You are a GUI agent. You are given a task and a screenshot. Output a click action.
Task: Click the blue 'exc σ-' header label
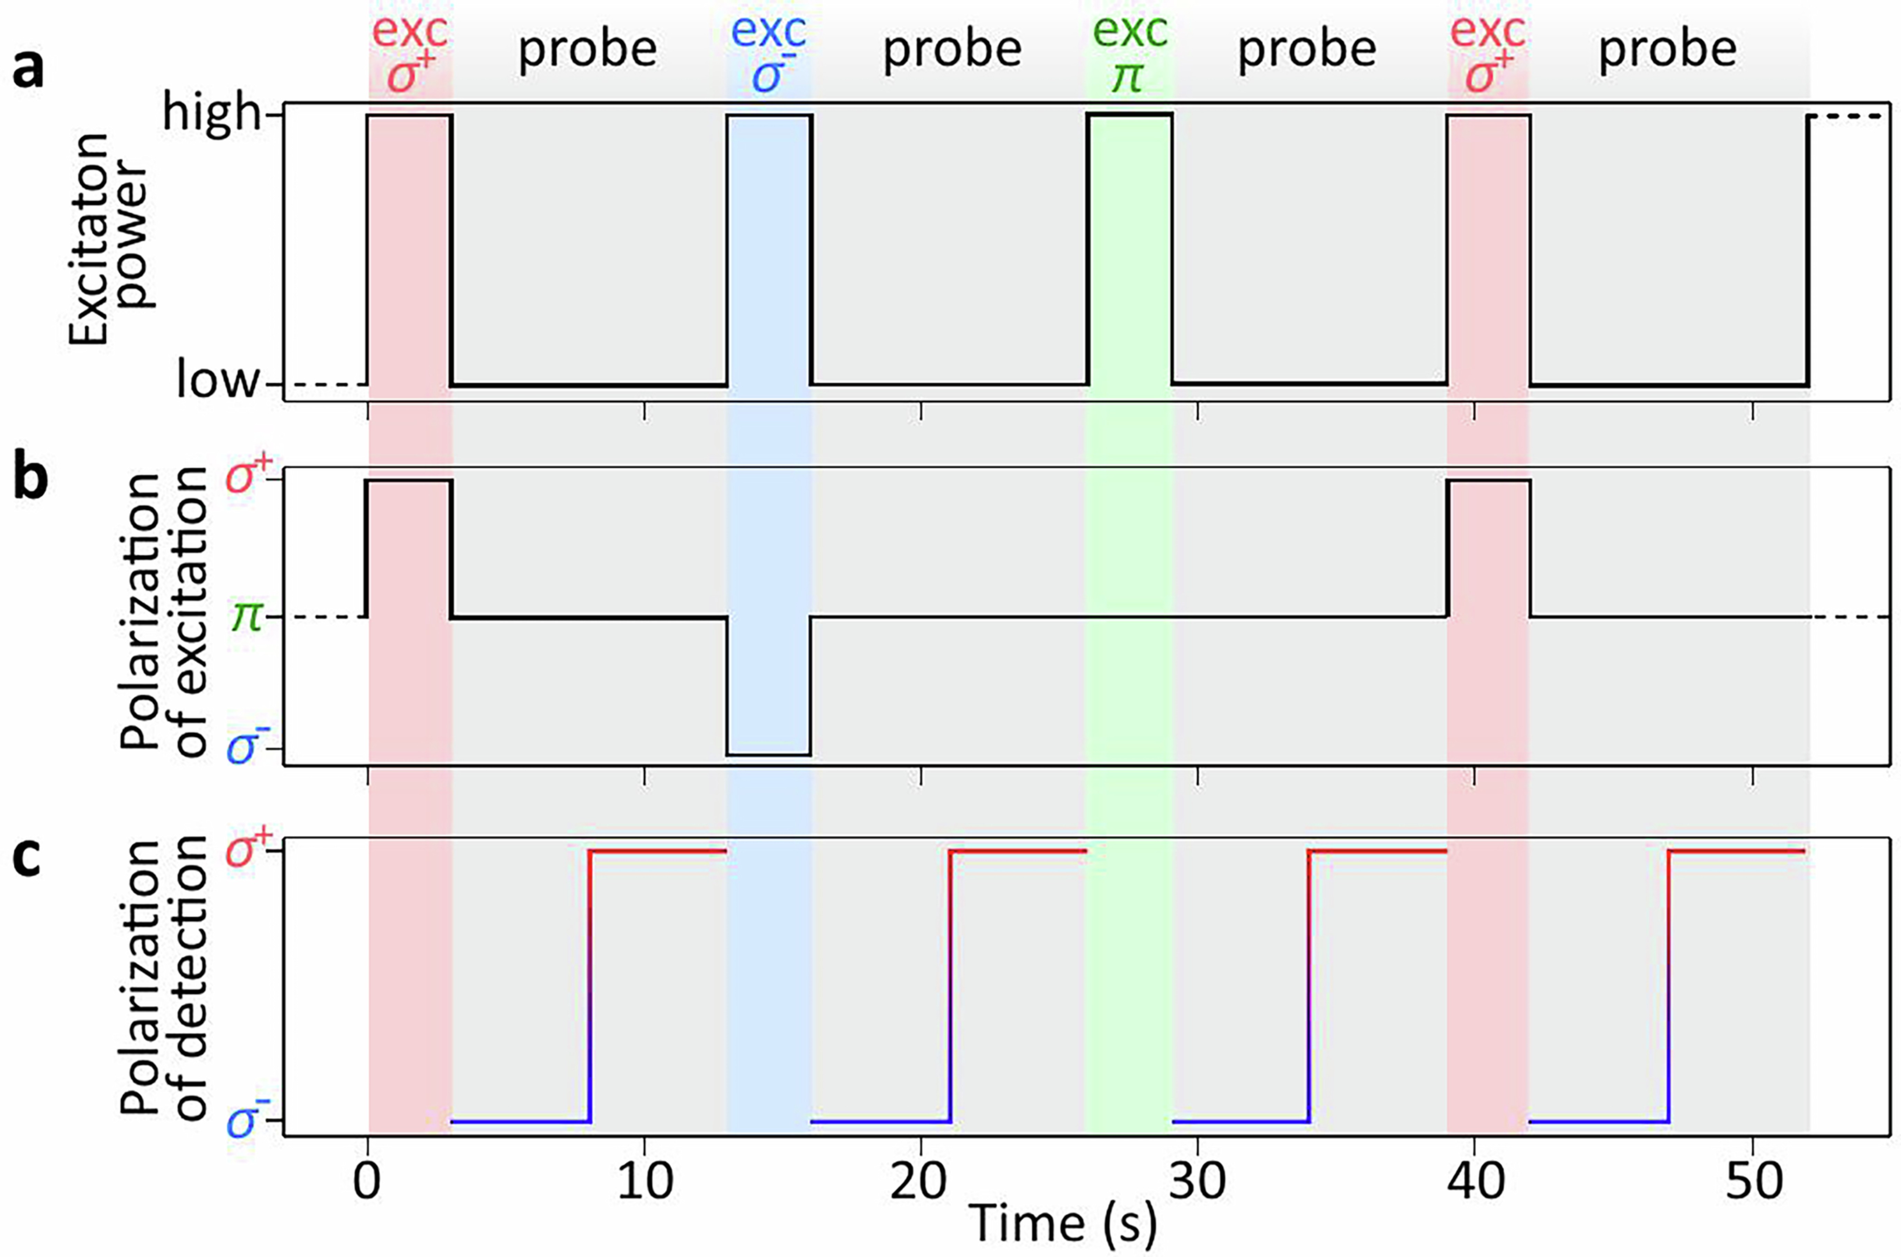click(768, 55)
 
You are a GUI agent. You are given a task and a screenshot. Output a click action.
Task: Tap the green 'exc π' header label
click(1130, 55)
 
